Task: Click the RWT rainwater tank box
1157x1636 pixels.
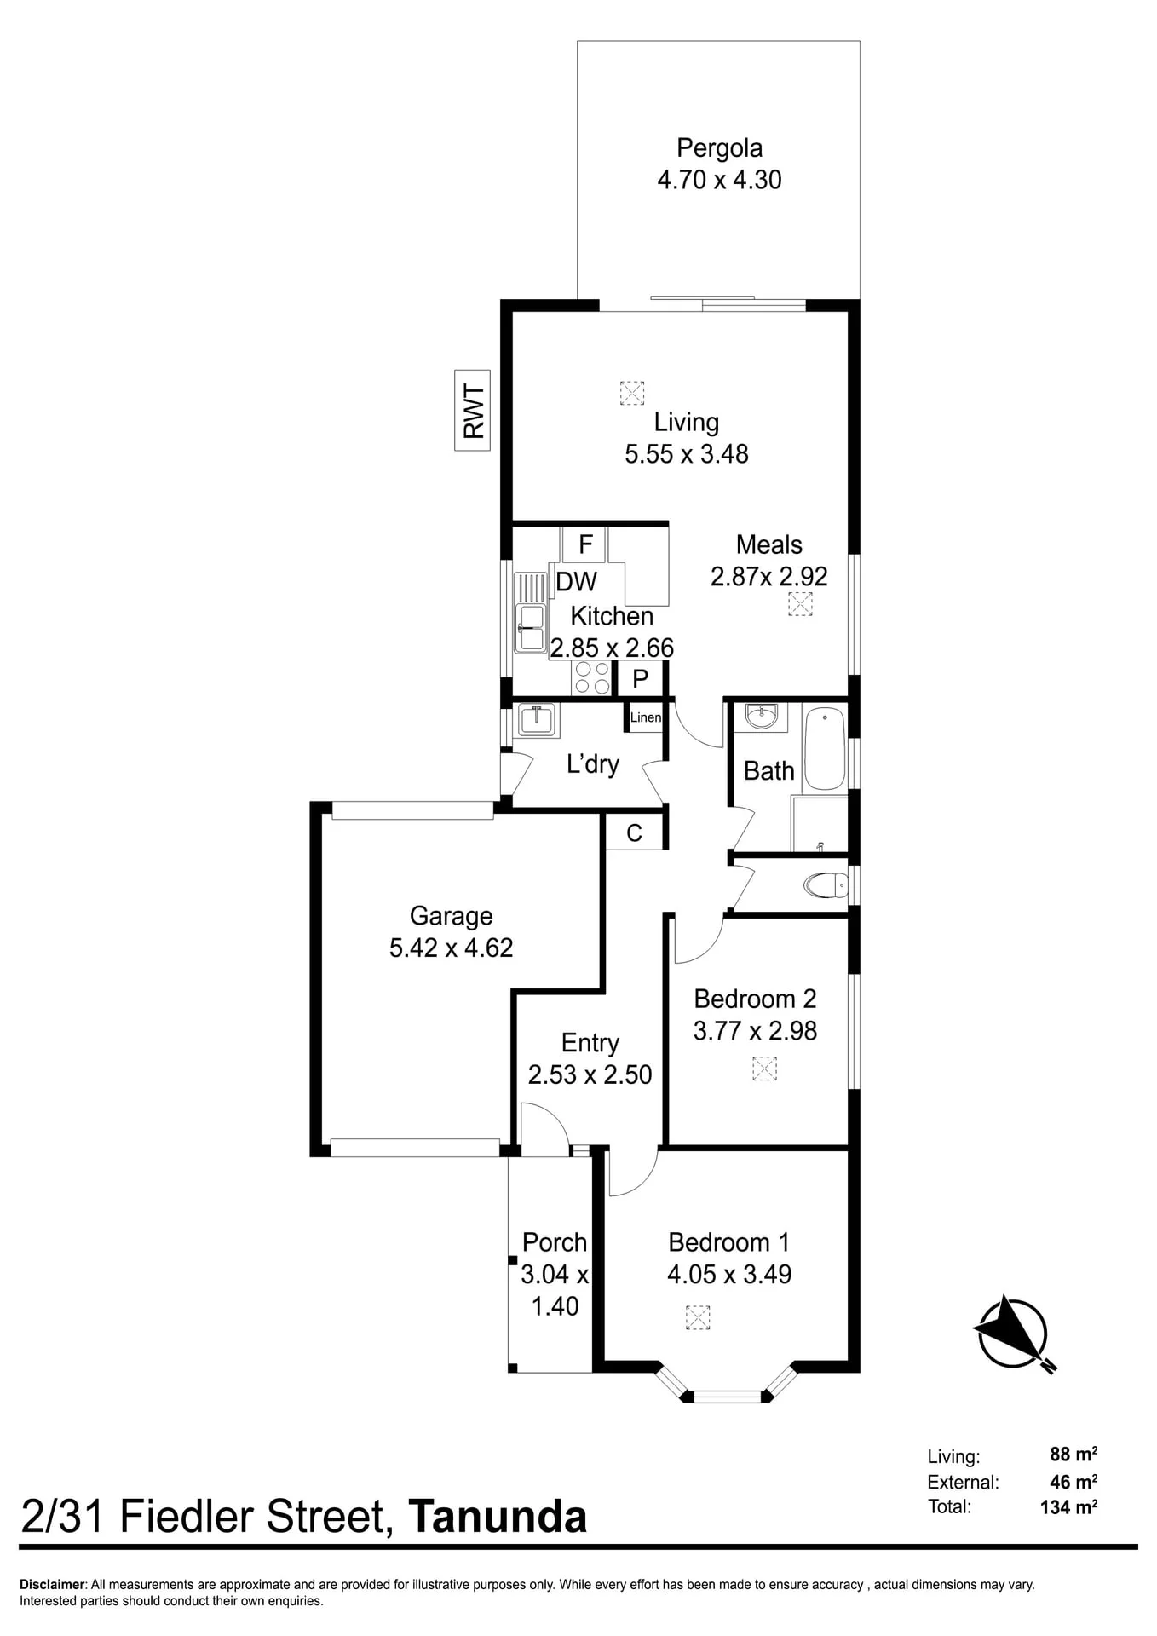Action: (x=473, y=410)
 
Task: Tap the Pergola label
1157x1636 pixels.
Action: (x=719, y=148)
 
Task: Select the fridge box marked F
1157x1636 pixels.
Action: (x=584, y=544)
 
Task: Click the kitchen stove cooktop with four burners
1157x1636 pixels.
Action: (x=592, y=678)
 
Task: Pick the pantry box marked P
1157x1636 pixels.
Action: (x=641, y=678)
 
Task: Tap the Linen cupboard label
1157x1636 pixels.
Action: (x=646, y=717)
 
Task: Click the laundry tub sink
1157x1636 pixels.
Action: (x=537, y=721)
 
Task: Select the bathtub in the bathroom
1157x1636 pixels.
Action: (x=825, y=748)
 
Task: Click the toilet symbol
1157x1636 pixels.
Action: (x=826, y=885)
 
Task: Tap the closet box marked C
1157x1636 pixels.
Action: (x=634, y=832)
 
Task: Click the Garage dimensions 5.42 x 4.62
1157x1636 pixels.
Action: (x=452, y=948)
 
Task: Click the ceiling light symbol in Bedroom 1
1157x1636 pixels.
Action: (x=697, y=1317)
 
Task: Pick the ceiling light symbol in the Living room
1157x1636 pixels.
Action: (x=631, y=393)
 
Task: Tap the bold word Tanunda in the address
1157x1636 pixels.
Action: (x=498, y=1518)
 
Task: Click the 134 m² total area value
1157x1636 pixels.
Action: (x=1068, y=1506)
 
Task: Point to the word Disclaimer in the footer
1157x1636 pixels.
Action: (x=53, y=1585)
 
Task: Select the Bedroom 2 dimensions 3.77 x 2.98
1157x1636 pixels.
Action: (x=755, y=1031)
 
